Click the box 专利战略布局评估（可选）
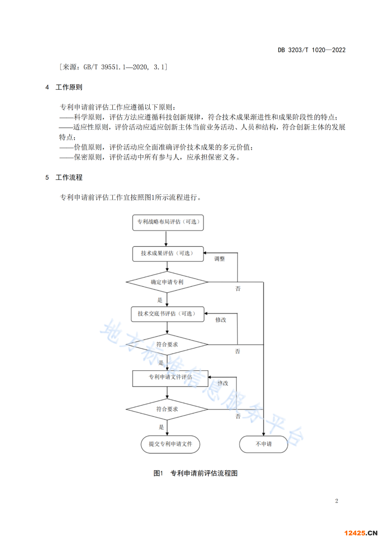(168, 222)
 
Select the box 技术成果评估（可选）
(168, 254)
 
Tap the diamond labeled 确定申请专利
(167, 282)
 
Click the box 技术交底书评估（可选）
(167, 314)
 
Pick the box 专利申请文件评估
(170, 378)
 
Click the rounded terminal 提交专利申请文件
(170, 444)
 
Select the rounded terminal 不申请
(264, 444)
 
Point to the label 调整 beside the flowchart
(219, 259)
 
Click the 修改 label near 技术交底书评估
(221, 320)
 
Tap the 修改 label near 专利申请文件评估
(223, 383)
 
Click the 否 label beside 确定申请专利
(238, 289)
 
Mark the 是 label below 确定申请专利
(160, 300)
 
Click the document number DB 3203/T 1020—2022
(311, 50)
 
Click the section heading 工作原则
(69, 87)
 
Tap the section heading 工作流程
(69, 177)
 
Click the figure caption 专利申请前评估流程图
(204, 473)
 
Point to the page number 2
(336, 501)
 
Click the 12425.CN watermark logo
(360, 533)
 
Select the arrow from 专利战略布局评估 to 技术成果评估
(166, 238)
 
